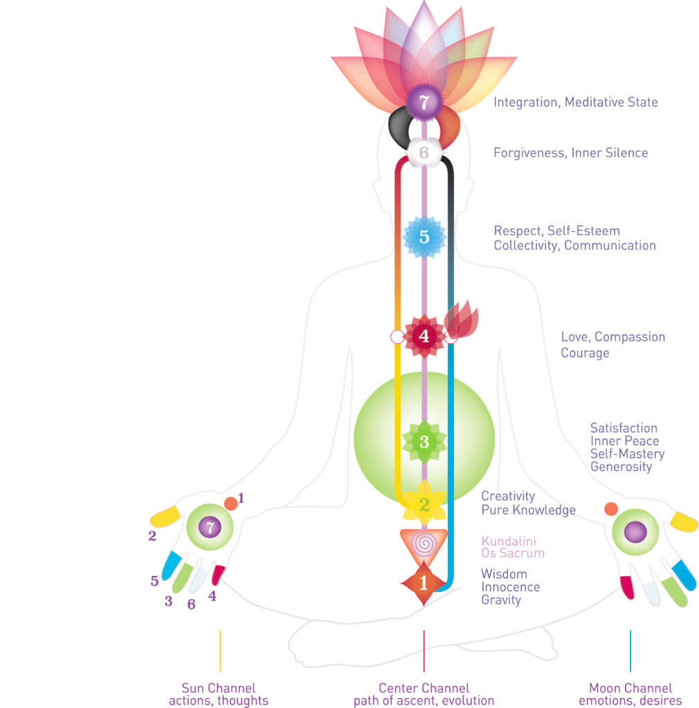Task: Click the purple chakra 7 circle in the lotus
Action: (424, 103)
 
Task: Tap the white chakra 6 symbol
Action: (424, 151)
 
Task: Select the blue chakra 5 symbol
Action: (424, 236)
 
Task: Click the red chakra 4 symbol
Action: (424, 337)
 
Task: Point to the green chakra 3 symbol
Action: (424, 441)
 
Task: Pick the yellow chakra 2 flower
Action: (424, 503)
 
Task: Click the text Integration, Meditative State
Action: (575, 102)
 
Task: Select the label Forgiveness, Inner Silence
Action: (570, 153)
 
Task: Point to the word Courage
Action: (585, 353)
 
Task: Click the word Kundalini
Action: (509, 541)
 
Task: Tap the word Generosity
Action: (621, 467)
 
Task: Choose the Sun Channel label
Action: (219, 688)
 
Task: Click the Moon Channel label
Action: (630, 688)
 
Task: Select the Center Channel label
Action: (424, 688)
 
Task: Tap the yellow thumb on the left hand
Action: (165, 516)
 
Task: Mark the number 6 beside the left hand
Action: (191, 604)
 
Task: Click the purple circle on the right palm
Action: (635, 532)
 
